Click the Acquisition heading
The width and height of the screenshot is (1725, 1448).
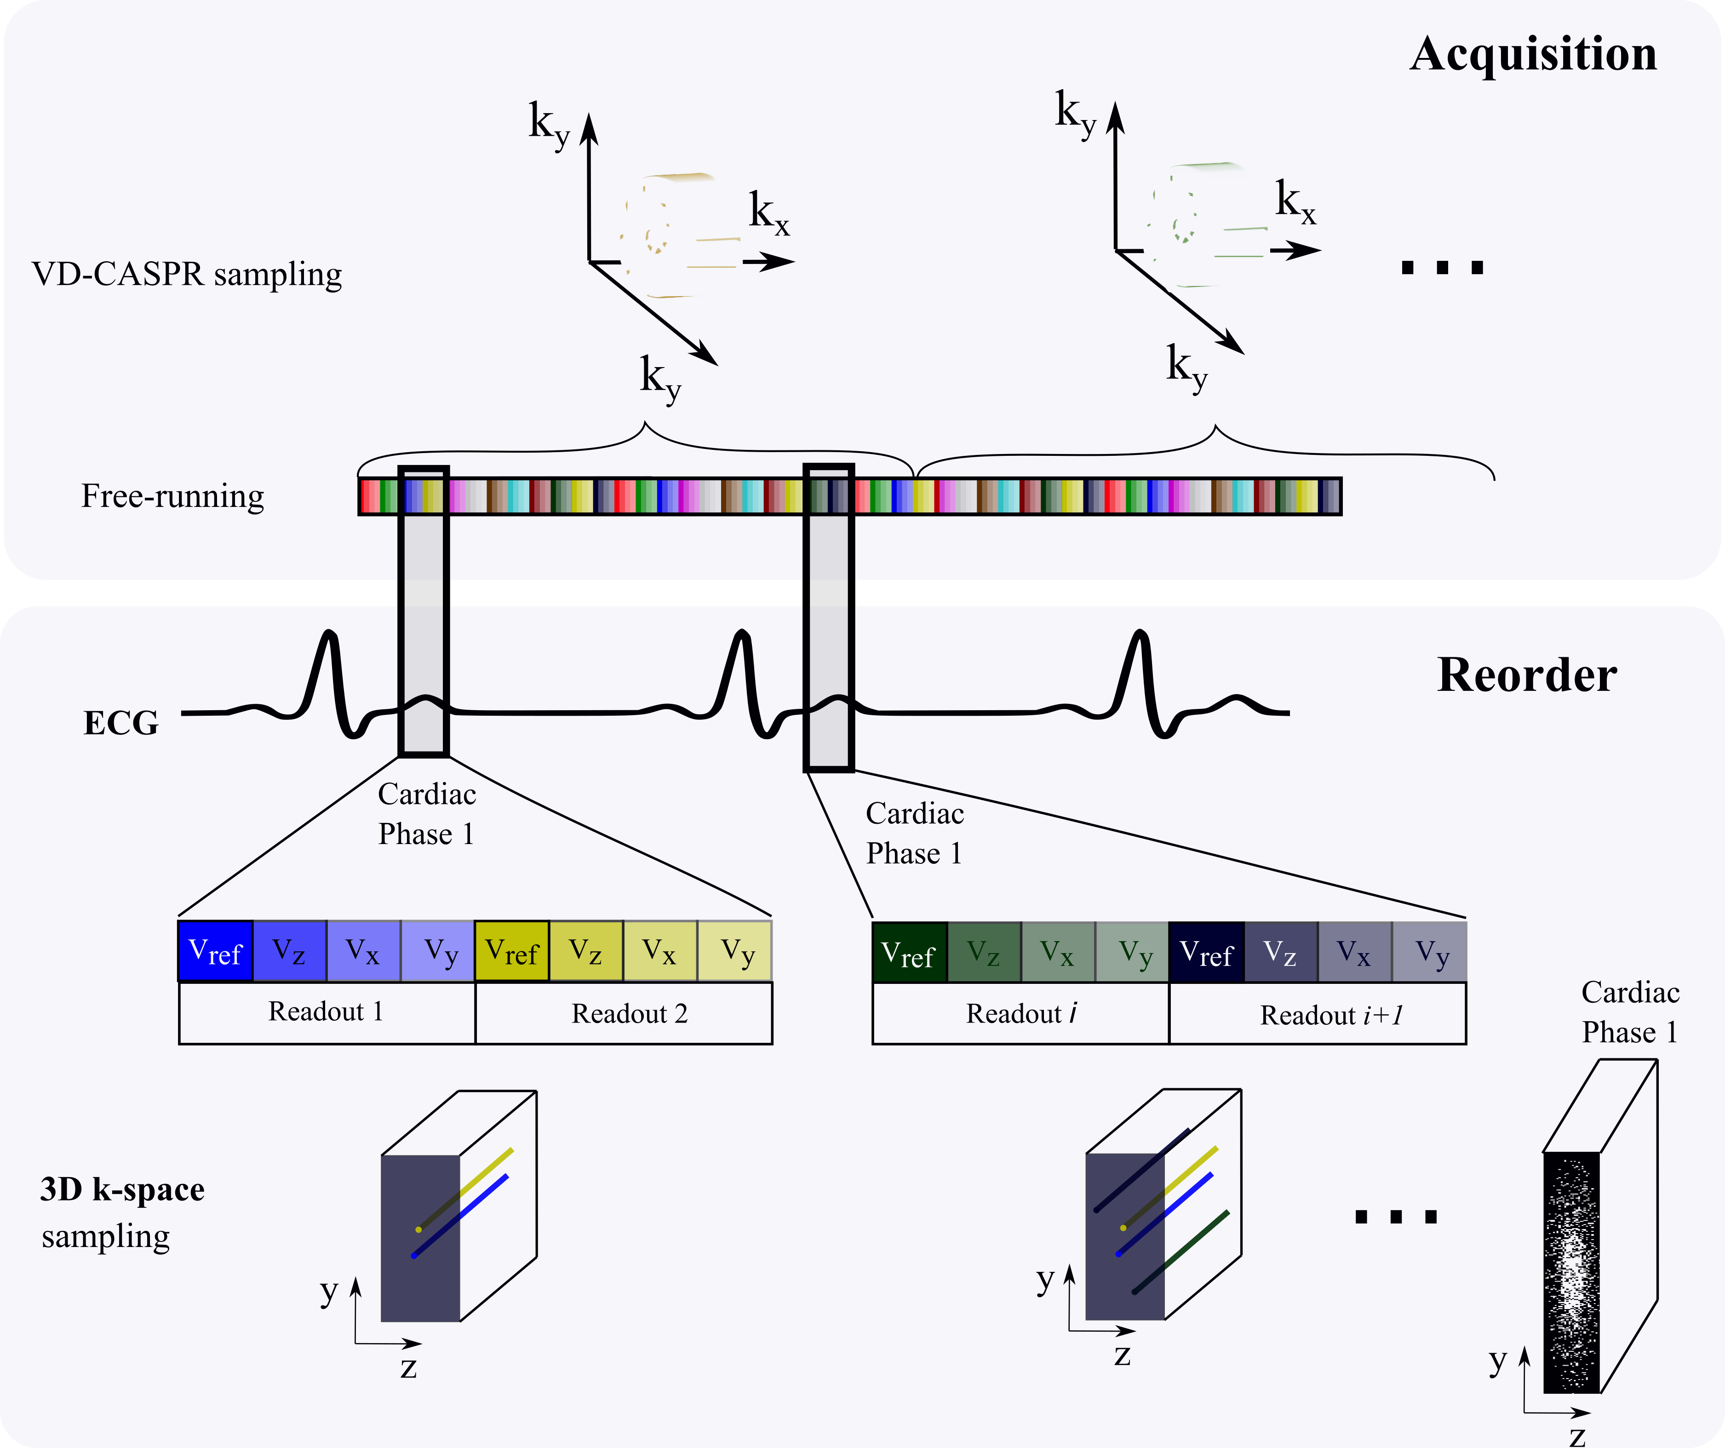1533,54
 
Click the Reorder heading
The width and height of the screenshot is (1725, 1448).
1527,676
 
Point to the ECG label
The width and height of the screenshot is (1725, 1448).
121,723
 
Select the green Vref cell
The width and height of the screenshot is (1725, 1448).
909,953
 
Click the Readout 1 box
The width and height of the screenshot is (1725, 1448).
327,1012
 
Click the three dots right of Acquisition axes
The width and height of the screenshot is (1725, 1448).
1443,268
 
